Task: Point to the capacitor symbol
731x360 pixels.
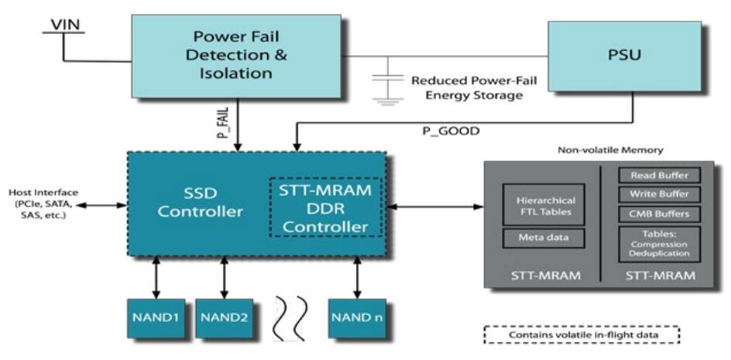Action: pyautogui.click(x=382, y=87)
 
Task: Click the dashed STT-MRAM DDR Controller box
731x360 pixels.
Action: pyautogui.click(x=327, y=207)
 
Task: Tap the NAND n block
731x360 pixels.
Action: pyautogui.click(x=357, y=317)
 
